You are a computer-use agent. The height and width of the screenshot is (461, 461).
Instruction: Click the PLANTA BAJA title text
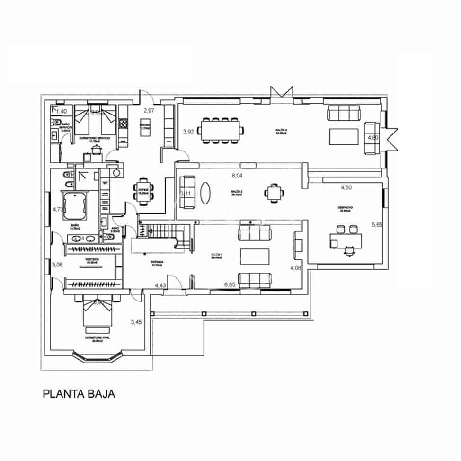[x=79, y=394]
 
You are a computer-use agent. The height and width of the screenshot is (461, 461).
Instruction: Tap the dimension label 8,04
[x=238, y=176]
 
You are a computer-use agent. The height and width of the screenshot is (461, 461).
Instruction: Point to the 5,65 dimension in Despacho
[x=377, y=225]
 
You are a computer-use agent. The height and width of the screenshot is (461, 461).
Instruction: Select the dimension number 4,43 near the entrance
[x=160, y=285]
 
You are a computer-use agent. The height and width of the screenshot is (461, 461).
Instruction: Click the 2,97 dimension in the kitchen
[x=149, y=110]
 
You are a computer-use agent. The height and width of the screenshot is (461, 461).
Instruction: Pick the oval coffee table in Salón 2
[x=206, y=193]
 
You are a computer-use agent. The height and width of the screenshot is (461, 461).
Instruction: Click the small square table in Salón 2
[x=274, y=193]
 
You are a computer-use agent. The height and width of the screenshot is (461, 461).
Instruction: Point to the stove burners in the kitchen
[x=123, y=123]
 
